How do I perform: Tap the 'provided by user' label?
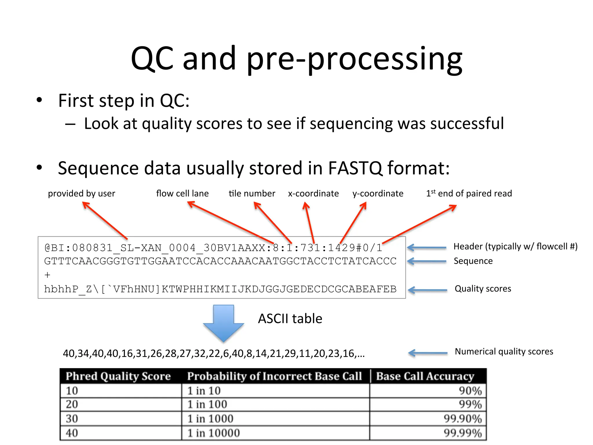(81, 194)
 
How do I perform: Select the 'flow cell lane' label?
(182, 194)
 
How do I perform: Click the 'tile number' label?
(252, 194)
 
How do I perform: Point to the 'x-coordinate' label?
(313, 194)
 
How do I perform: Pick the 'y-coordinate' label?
(378, 194)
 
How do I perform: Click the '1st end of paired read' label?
(469, 194)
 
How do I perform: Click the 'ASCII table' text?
(290, 319)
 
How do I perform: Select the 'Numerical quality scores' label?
(504, 351)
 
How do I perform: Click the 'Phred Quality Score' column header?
(118, 376)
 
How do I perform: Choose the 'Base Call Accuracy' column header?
(425, 376)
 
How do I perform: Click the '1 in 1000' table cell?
(210, 419)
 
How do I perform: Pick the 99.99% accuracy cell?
(463, 433)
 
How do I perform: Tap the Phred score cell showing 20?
(72, 404)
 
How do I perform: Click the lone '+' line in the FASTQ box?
(47, 275)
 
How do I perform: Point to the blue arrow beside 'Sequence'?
(427, 261)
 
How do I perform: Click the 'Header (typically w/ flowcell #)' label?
(515, 247)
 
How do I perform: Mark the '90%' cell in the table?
(470, 391)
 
